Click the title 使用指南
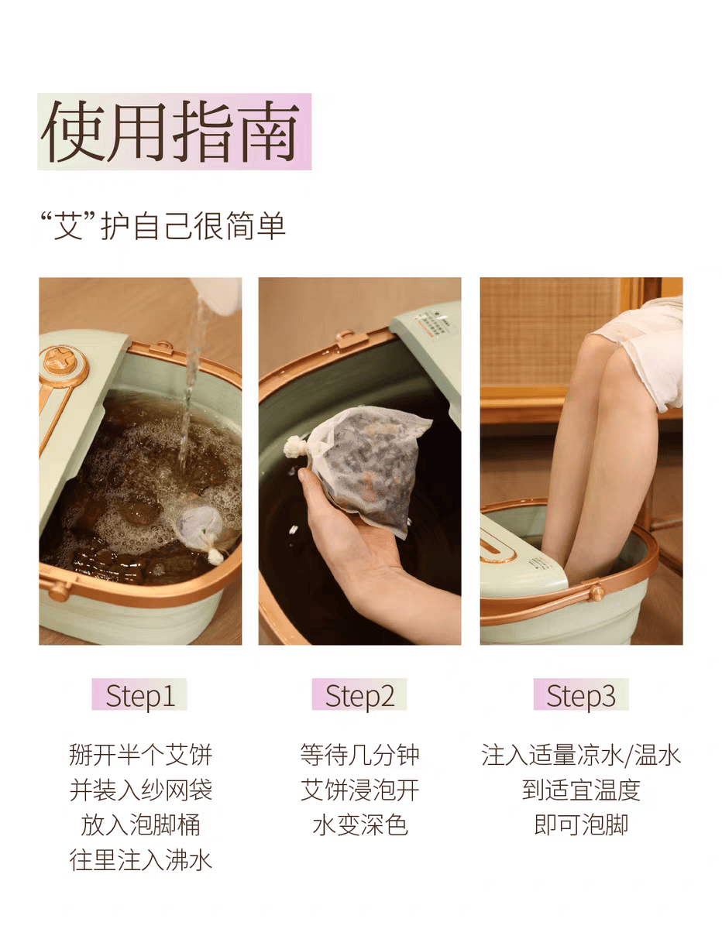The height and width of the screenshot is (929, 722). [170, 132]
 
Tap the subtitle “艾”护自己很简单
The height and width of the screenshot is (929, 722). [163, 225]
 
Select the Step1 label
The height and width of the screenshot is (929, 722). [140, 695]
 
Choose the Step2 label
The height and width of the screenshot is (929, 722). [359, 695]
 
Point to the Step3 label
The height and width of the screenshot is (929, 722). [581, 695]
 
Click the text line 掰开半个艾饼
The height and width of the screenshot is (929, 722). [141, 755]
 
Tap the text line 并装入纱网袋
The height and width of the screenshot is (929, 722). [141, 790]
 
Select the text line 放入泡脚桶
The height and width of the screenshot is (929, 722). [141, 824]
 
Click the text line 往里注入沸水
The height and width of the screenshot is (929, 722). [141, 860]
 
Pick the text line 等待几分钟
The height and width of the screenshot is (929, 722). [359, 755]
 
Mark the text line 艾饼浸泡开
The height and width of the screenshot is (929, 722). [359, 790]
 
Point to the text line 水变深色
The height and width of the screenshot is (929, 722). [359, 824]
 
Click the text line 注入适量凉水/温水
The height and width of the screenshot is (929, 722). [581, 755]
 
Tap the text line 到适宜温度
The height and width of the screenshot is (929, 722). [581, 790]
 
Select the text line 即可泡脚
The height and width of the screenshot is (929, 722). [581, 824]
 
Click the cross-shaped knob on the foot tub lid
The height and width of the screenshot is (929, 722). [60, 360]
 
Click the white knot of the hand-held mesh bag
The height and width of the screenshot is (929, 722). [296, 446]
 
